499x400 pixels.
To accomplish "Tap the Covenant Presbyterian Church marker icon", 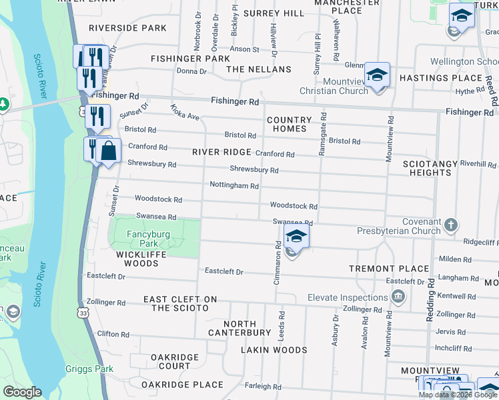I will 452,225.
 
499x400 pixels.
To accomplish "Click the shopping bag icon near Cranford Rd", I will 109,151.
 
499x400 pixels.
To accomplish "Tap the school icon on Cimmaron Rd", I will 296,236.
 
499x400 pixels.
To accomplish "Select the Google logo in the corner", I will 22,392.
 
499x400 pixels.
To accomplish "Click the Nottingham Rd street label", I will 233,185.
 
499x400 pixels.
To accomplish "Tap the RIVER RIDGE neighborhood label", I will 221,152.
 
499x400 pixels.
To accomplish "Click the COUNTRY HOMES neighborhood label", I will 290,125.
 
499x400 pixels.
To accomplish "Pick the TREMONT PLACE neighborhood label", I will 389,269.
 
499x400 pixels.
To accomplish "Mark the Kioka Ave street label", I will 185,111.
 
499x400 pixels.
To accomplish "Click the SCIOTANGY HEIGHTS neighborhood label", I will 428,168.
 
